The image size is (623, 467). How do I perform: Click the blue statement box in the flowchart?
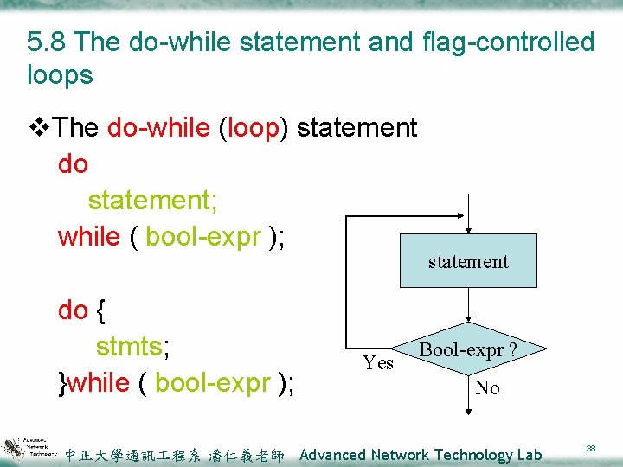tap(467, 260)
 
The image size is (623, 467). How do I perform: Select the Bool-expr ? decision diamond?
tap(468, 350)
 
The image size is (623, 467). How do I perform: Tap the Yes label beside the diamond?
tap(378, 362)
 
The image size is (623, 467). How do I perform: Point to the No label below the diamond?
tap(487, 388)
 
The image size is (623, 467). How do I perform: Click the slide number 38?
tap(590, 449)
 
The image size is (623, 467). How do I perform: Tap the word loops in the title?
tap(60, 75)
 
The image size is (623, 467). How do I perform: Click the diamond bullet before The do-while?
tap(38, 128)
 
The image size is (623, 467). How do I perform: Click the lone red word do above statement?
tap(73, 163)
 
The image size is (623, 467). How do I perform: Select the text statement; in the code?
tap(153, 200)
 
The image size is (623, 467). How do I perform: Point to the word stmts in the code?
tap(131, 346)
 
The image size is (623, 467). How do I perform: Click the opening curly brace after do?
tap(101, 310)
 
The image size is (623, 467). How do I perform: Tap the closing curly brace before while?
tap(61, 382)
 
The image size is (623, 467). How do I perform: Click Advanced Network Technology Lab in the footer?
tap(420, 455)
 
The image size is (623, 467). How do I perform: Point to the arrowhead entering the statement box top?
tap(468, 229)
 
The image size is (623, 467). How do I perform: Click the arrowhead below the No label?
tap(468, 413)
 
